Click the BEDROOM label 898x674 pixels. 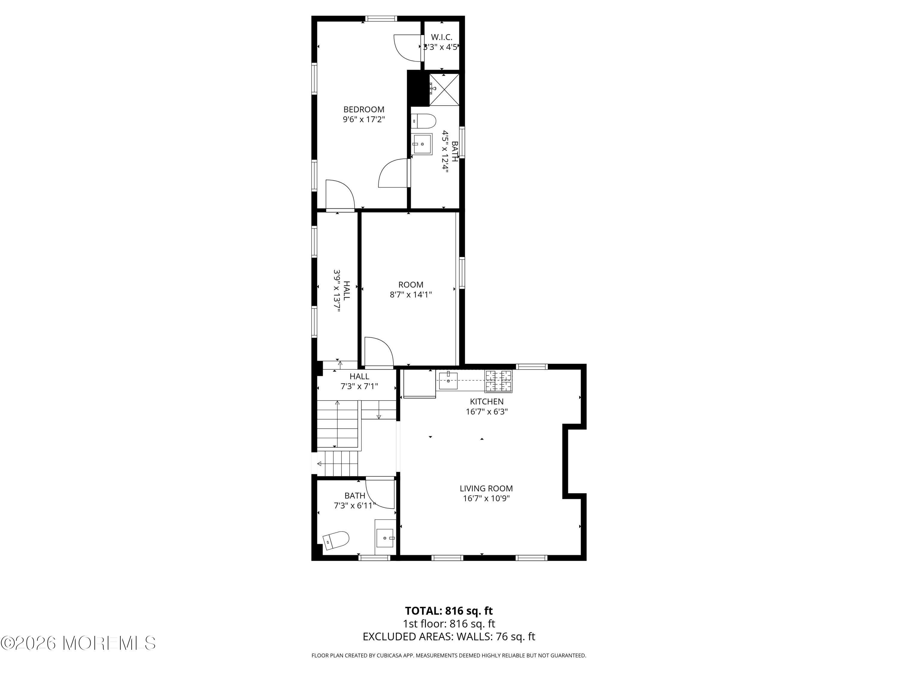(364, 109)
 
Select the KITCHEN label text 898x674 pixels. (487, 401)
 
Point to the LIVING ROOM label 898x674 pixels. (486, 488)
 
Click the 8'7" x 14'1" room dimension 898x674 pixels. (411, 294)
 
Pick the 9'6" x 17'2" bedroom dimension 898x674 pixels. (364, 120)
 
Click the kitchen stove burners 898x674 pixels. (498, 381)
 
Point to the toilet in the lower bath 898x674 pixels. (336, 540)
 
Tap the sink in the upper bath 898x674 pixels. (422, 144)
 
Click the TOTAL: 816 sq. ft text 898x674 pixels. (449, 610)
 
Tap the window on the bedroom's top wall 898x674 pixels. (381, 18)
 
